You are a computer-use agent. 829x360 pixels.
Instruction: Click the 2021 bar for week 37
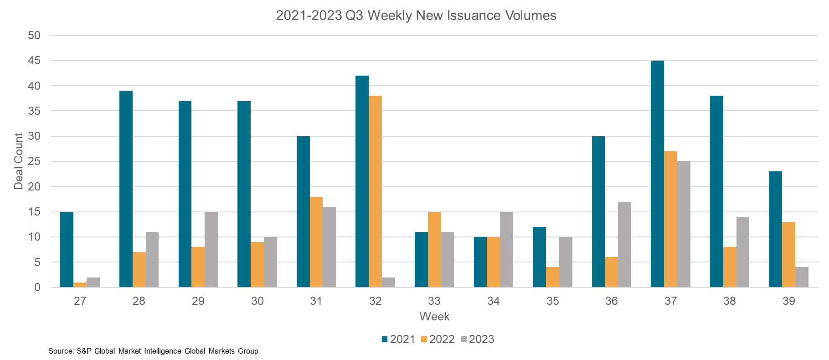[x=657, y=174]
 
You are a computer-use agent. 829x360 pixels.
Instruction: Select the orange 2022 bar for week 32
[x=375, y=191]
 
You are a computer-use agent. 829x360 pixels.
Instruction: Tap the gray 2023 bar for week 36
[x=624, y=245]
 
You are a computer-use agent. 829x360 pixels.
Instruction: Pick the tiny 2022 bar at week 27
[x=80, y=285]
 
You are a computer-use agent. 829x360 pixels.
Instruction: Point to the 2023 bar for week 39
[x=802, y=277]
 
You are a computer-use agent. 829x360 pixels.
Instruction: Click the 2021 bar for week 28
[x=126, y=189]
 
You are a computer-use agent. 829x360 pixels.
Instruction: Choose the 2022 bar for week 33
[x=434, y=250]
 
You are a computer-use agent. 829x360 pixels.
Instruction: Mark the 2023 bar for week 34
[x=506, y=250]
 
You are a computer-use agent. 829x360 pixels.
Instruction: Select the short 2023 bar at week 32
[x=388, y=283]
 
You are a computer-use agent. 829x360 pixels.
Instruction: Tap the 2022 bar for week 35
[x=552, y=277]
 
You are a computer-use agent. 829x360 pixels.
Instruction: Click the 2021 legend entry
[x=398, y=339]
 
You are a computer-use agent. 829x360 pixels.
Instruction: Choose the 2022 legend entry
[x=438, y=339]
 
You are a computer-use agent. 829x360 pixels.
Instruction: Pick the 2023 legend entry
[x=477, y=339]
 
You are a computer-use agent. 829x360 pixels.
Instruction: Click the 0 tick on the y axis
[x=37, y=288]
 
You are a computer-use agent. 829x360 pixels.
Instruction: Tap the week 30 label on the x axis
[x=257, y=301]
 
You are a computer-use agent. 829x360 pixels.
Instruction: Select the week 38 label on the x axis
[x=729, y=301]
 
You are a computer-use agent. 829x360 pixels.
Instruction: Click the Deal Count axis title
[x=19, y=161]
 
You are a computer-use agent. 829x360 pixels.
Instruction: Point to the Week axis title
[x=434, y=317]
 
